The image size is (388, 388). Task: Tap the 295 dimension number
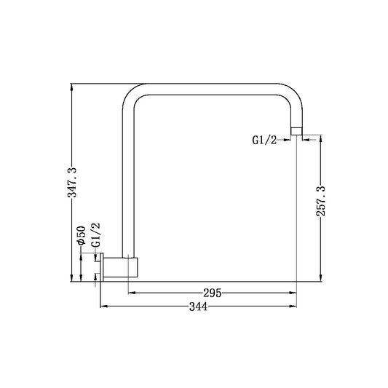(212, 293)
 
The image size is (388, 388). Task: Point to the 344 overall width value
(198, 307)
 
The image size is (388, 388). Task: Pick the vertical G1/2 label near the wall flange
(95, 236)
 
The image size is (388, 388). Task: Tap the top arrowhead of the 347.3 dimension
(71, 87)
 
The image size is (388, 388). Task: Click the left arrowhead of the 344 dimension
(102, 307)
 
